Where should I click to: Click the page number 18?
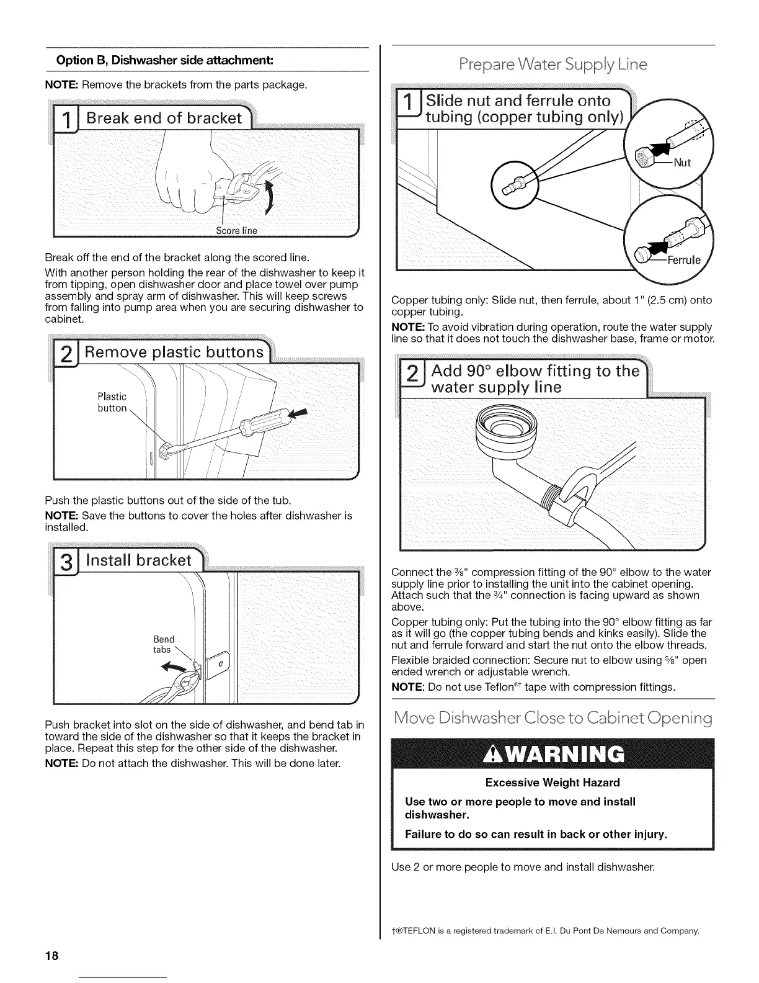click(51, 955)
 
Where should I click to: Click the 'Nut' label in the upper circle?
click(681, 163)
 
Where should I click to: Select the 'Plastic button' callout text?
click(112, 402)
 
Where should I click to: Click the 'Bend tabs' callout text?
click(164, 644)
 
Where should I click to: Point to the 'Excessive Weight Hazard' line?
click(553, 783)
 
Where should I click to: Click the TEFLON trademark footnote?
click(546, 931)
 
